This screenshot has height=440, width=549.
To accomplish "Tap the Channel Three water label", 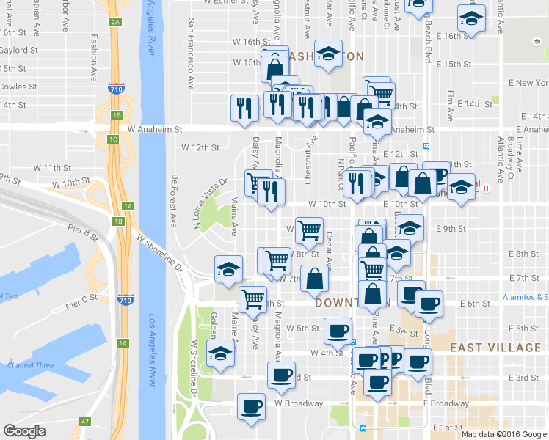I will (x=26, y=365).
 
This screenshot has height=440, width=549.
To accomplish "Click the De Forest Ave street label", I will (x=175, y=200).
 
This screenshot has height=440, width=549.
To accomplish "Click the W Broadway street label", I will (x=299, y=403).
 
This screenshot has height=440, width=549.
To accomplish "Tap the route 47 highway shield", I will (x=86, y=421).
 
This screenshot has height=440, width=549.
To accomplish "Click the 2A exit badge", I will (x=115, y=22).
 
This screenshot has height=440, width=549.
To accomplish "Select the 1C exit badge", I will (x=113, y=139).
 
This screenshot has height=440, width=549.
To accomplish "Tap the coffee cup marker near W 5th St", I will (x=338, y=331).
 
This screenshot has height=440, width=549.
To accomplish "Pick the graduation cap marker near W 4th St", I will (x=219, y=353).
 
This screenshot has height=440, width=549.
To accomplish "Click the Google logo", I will (x=24, y=431).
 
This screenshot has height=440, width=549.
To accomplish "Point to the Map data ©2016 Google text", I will (x=504, y=434).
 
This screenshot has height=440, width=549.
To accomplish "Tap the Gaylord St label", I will (x=19, y=51).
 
